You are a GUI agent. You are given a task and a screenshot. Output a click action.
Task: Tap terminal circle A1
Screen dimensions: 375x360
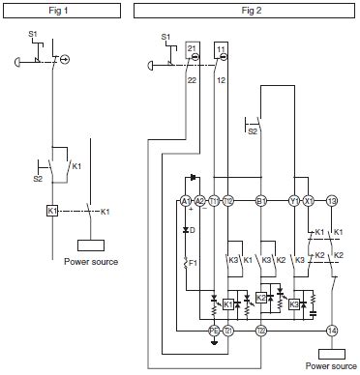click(x=185, y=201)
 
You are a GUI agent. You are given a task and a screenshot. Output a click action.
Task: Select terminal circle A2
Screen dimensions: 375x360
click(x=199, y=201)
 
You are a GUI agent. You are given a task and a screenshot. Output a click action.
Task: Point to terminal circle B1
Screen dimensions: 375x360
click(x=259, y=201)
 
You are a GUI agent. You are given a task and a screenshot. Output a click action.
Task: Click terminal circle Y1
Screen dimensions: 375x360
click(x=294, y=201)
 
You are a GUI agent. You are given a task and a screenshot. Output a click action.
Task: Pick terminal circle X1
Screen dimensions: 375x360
click(x=309, y=201)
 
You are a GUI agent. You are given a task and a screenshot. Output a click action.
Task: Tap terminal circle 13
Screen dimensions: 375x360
click(x=332, y=201)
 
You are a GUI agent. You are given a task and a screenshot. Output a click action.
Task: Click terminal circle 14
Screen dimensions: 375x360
click(x=332, y=331)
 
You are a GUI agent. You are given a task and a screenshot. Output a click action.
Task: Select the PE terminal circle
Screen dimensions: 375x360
click(x=214, y=331)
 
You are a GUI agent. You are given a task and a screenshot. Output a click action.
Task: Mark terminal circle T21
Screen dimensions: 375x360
click(x=228, y=331)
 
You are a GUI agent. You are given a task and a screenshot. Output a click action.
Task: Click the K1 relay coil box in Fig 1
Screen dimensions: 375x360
click(x=52, y=211)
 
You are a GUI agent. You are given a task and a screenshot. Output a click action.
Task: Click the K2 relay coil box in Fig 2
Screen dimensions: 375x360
click(x=260, y=298)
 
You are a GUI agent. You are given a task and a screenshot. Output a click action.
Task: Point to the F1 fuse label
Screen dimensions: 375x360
click(x=192, y=263)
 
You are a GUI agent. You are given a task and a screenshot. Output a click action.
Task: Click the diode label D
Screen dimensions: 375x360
click(x=193, y=230)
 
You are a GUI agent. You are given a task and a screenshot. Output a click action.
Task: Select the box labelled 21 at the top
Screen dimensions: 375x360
click(x=192, y=48)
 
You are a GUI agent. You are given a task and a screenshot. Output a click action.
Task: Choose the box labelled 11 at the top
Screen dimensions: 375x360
click(x=221, y=48)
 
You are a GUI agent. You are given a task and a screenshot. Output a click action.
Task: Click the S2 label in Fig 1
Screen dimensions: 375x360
click(x=39, y=178)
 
